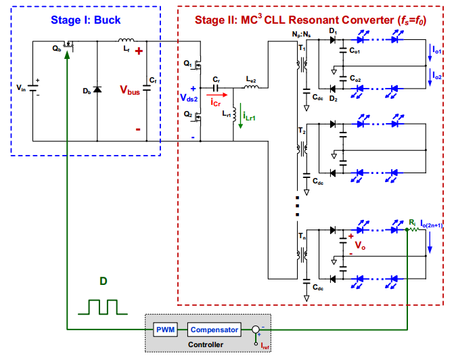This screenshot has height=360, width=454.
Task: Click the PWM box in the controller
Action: [x=165, y=330]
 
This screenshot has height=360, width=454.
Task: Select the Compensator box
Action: [x=214, y=330]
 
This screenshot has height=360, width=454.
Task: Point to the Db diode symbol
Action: [x=98, y=89]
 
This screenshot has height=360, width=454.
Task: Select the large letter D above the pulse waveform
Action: [x=102, y=279]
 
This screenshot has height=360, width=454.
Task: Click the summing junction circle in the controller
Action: [x=254, y=330]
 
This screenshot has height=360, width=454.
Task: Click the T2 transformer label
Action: [x=302, y=129]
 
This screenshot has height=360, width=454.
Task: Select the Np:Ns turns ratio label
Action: [x=298, y=32]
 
